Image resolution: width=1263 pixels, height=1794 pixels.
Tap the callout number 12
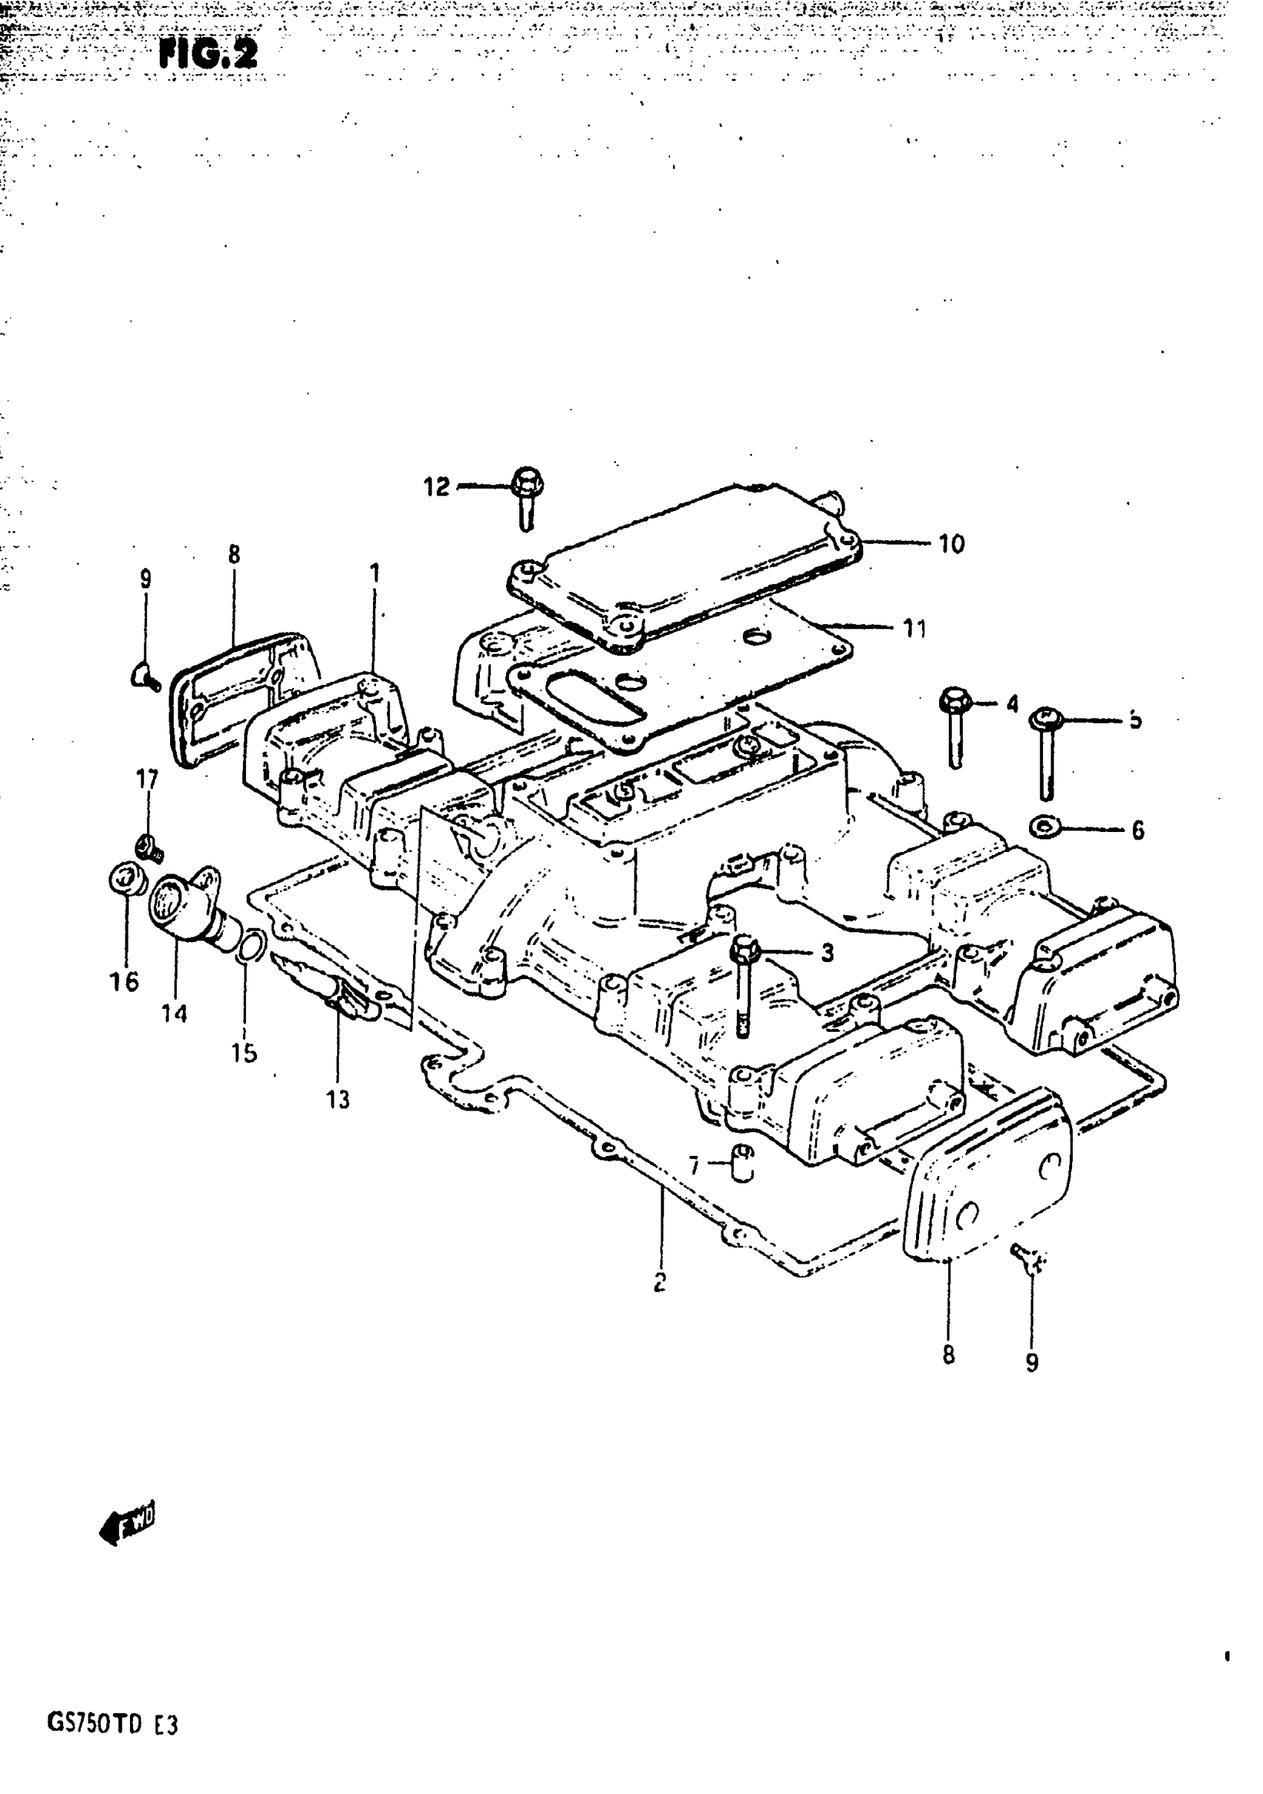pos(437,487)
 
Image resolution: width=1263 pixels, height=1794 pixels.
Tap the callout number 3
pos(827,952)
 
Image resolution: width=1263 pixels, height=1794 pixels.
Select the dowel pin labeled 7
pos(743,1163)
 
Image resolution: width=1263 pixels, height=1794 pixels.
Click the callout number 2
pos(660,1281)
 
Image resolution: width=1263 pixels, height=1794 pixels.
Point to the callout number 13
pos(337,1099)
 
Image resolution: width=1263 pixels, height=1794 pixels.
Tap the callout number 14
pos(175,1013)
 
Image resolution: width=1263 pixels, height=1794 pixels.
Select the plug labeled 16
pos(126,880)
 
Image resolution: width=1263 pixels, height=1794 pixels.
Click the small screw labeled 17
pos(147,847)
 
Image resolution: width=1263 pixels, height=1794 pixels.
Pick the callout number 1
pos(375,573)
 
